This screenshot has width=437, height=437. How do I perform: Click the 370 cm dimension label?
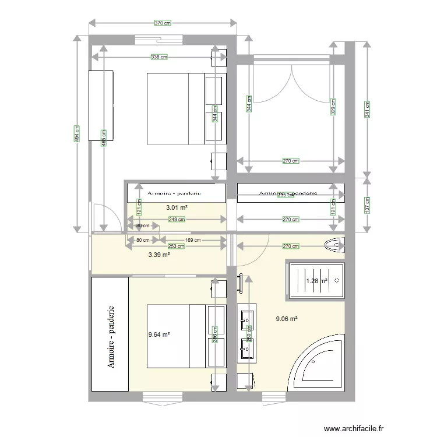(x=163, y=23)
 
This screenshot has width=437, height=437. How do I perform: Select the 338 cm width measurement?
(x=158, y=57)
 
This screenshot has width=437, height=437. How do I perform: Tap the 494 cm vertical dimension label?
(x=77, y=133)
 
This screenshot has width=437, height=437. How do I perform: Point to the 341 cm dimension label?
(x=367, y=108)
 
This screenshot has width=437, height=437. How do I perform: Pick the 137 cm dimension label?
(x=367, y=204)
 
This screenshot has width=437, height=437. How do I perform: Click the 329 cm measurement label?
(x=333, y=107)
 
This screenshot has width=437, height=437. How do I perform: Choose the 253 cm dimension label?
(x=177, y=246)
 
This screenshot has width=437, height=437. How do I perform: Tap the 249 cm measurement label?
(x=177, y=220)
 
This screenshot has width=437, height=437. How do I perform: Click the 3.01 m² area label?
(x=176, y=207)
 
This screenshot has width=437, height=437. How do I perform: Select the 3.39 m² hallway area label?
(x=159, y=255)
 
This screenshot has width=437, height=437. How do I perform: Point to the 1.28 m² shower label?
(x=316, y=281)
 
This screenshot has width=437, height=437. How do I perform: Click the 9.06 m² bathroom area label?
(x=287, y=319)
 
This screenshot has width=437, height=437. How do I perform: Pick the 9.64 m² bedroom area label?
(x=159, y=334)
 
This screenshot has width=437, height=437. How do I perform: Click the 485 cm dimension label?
(x=103, y=138)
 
